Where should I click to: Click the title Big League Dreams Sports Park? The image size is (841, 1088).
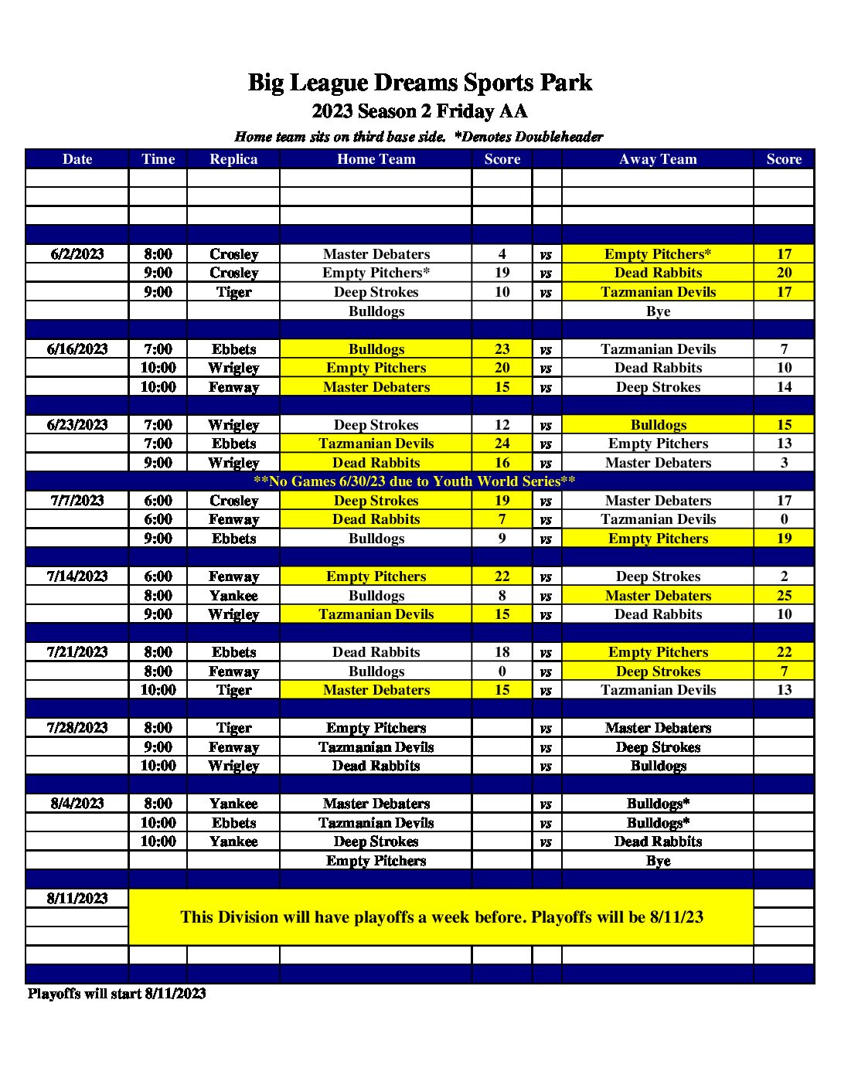click(420, 83)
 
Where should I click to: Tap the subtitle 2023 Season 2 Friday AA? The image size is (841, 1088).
click(420, 111)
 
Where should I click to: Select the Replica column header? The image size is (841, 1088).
click(233, 159)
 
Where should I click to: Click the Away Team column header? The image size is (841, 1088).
click(658, 159)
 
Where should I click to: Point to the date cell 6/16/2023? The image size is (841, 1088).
click(77, 349)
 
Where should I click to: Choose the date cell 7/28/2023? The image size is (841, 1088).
click(77, 728)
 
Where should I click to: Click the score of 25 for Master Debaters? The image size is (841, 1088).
click(784, 596)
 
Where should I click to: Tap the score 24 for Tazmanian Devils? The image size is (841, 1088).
click(502, 444)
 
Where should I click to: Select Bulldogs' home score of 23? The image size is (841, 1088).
click(502, 349)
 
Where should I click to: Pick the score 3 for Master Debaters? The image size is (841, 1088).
click(784, 463)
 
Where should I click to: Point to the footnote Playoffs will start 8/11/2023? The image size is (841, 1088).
click(117, 994)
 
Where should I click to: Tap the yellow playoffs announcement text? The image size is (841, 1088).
click(441, 917)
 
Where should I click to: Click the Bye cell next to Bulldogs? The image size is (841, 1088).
click(658, 311)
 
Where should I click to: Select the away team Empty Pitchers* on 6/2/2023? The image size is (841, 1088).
click(658, 254)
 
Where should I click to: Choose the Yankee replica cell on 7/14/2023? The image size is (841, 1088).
click(233, 596)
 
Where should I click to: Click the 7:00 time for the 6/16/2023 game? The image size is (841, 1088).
click(158, 349)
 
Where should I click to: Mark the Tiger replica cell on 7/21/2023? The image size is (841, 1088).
click(233, 690)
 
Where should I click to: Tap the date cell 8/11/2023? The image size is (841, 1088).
click(77, 899)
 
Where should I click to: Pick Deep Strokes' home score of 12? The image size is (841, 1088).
click(502, 425)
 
